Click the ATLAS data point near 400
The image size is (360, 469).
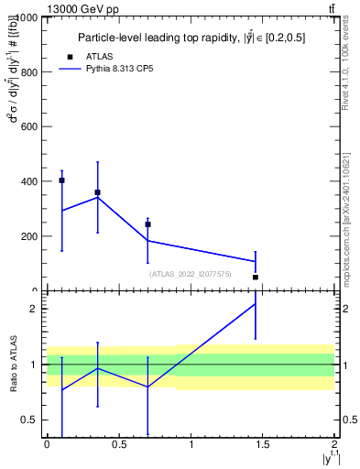(x=61, y=180)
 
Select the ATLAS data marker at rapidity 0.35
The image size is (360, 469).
(x=97, y=192)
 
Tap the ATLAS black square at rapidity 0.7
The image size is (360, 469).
(x=147, y=224)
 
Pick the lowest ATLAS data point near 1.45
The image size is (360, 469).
(x=256, y=277)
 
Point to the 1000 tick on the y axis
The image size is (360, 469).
(x=27, y=18)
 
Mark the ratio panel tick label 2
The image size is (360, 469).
(x=37, y=310)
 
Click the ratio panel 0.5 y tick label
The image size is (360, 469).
(x=32, y=420)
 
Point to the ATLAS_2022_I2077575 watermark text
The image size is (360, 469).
(x=191, y=274)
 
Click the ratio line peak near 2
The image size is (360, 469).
(x=256, y=303)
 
